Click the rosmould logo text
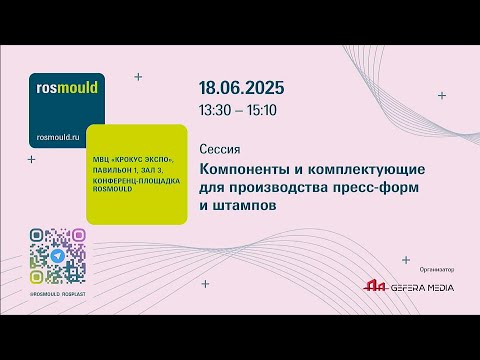pyautogui.click(x=66, y=87)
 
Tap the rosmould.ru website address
pyautogui.click(x=62, y=136)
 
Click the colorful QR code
pyautogui.click(x=57, y=256)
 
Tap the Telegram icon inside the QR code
pyautogui.click(x=57, y=256)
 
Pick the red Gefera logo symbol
pyautogui.click(x=374, y=287)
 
